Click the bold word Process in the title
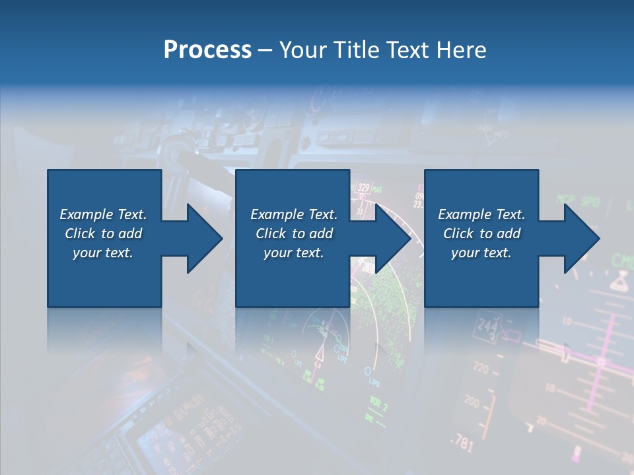[207, 50]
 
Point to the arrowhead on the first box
[205, 238]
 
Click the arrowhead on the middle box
[394, 238]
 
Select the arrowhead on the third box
[582, 238]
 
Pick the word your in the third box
[465, 253]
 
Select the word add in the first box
[131, 234]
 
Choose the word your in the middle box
[277, 253]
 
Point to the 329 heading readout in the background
[363, 188]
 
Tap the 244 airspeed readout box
[487, 327]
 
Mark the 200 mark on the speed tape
[472, 401]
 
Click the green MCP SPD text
[577, 199]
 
